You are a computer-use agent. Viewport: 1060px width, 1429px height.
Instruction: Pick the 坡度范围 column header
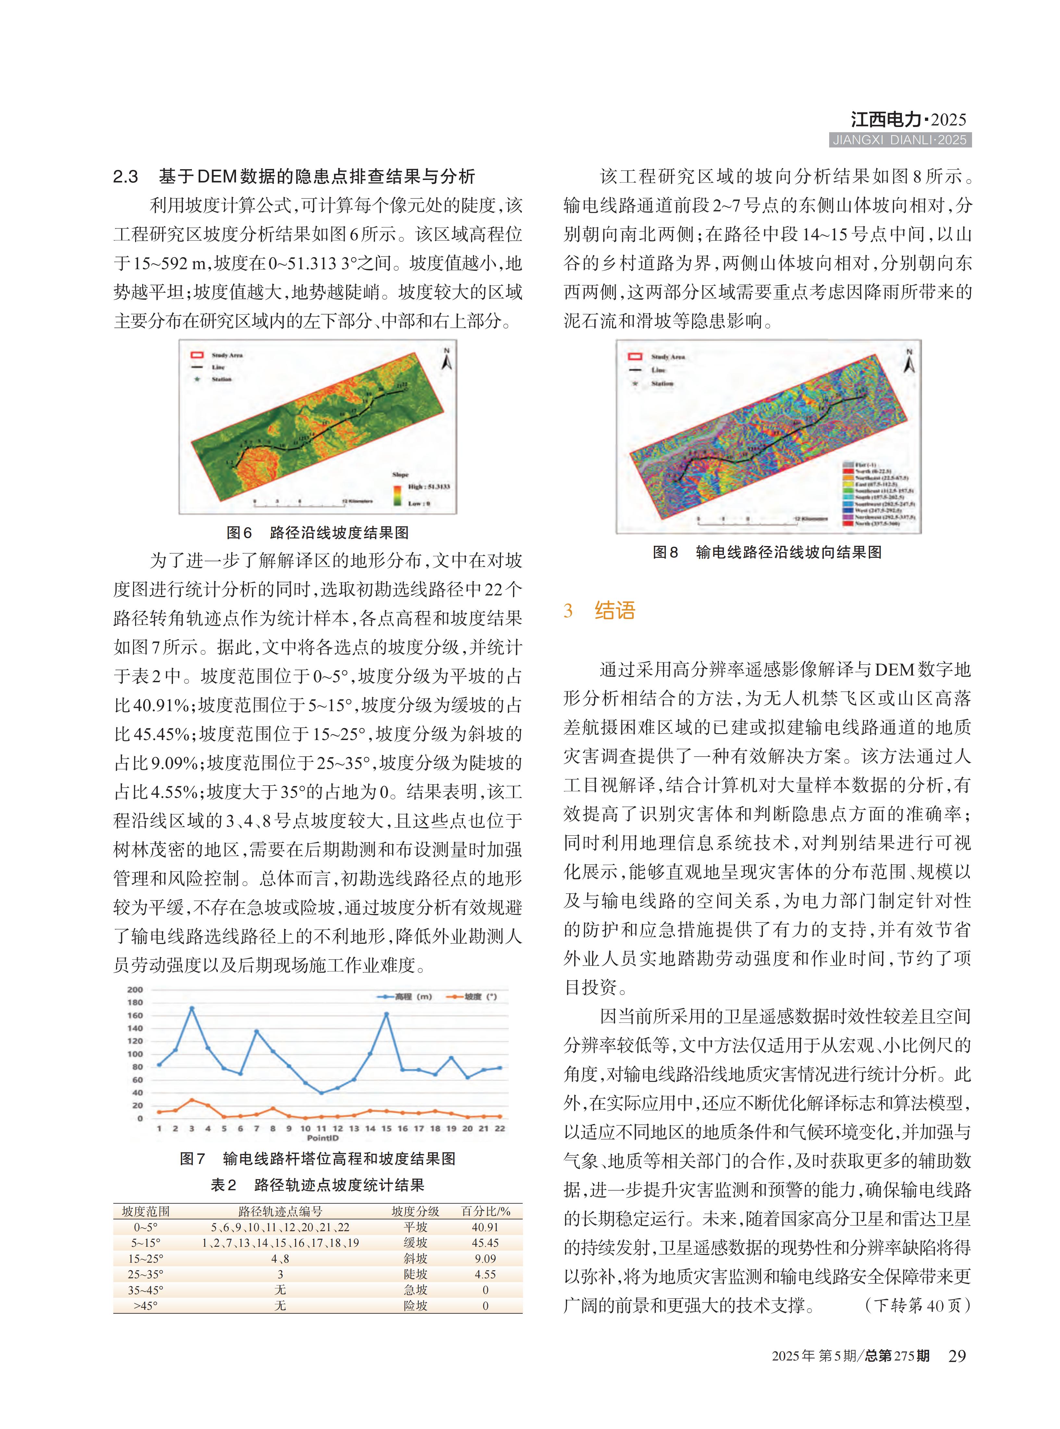(146, 1211)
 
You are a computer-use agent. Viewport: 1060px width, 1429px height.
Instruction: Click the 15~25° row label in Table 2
(146, 1258)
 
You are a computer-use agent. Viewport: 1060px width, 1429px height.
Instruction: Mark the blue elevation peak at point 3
(191, 1009)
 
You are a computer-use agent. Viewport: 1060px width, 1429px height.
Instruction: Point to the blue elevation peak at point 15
(386, 1014)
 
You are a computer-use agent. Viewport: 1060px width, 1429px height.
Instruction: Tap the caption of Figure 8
(767, 552)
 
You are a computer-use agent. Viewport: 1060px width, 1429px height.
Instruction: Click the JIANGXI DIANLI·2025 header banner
(900, 140)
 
